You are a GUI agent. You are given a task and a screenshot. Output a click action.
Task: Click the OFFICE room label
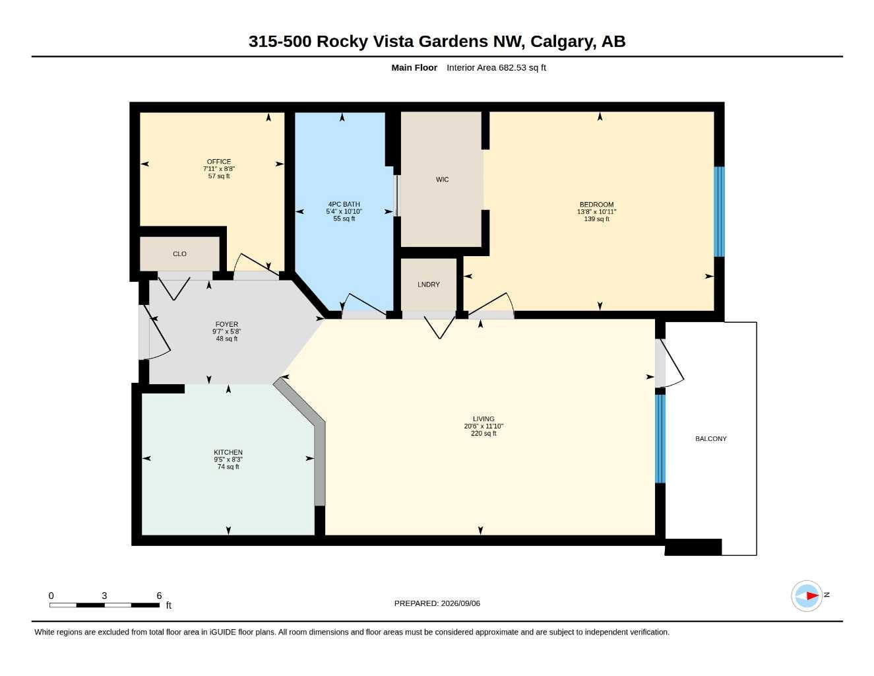pyautogui.click(x=219, y=161)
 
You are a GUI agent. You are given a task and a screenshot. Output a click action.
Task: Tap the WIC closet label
pyautogui.click(x=442, y=180)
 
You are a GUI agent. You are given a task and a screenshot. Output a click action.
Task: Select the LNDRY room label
pyautogui.click(x=428, y=285)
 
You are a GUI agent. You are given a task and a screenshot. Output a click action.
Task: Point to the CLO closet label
pyautogui.click(x=179, y=254)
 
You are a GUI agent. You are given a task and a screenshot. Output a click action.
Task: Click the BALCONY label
pyautogui.click(x=710, y=438)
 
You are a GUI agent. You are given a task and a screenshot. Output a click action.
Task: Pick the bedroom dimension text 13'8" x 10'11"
pyautogui.click(x=596, y=212)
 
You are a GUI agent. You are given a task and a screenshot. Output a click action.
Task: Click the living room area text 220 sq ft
pyautogui.click(x=484, y=433)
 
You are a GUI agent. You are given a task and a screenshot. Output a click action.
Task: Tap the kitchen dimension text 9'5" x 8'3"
pyautogui.click(x=228, y=459)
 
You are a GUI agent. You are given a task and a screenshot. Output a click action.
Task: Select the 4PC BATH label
pyautogui.click(x=344, y=205)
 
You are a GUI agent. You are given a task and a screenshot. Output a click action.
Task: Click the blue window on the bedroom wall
pyautogui.click(x=719, y=212)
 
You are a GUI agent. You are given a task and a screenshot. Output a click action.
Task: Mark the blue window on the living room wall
pyautogui.click(x=660, y=438)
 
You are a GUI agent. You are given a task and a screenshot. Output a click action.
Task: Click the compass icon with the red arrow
pyautogui.click(x=807, y=596)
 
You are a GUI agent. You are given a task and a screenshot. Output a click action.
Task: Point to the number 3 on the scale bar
pyautogui.click(x=104, y=595)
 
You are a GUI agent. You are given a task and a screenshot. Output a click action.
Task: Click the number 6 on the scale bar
pyautogui.click(x=159, y=595)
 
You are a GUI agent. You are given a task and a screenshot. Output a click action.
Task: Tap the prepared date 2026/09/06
pyautogui.click(x=460, y=603)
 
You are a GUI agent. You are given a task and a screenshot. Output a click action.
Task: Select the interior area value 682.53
pyautogui.click(x=513, y=67)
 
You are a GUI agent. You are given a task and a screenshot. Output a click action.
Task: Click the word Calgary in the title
pyautogui.click(x=563, y=42)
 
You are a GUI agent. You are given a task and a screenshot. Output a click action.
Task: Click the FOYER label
pyautogui.click(x=226, y=324)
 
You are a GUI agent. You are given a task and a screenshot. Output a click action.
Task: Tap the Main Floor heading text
pyautogui.click(x=414, y=67)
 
